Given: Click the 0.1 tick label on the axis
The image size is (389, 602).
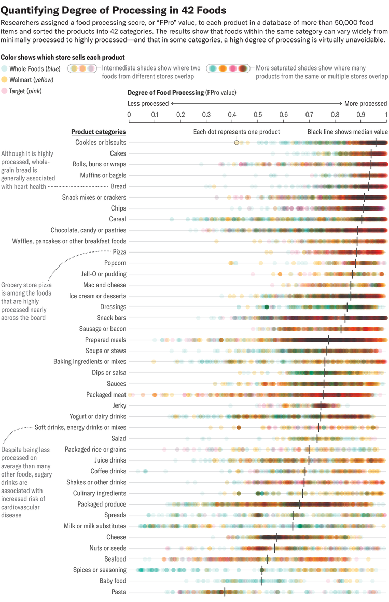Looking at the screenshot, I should click(x=155, y=114).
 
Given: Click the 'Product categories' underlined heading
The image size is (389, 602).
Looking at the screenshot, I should click(x=98, y=132).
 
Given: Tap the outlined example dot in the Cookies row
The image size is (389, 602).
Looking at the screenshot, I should click(x=237, y=142).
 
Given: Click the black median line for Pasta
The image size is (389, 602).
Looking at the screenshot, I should click(x=224, y=592).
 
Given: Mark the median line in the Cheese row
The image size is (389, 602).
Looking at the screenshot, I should click(x=276, y=537).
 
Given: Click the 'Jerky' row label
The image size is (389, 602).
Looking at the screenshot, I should click(x=119, y=405).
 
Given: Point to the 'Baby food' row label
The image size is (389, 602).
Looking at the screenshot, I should click(x=113, y=581).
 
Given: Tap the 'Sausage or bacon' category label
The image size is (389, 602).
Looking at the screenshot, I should click(x=103, y=329).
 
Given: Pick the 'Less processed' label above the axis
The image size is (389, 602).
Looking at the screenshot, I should click(x=148, y=104).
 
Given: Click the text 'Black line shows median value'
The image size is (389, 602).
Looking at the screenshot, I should click(x=348, y=132).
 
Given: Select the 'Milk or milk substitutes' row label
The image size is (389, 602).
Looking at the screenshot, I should click(x=95, y=526).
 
